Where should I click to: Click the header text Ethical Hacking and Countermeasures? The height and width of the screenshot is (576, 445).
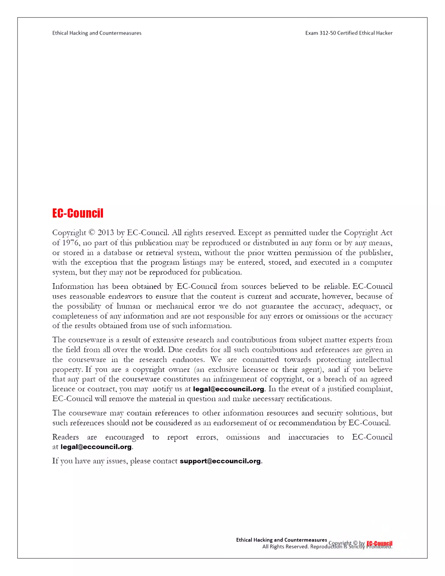97,33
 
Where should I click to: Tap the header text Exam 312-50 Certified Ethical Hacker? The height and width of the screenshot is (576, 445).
349,33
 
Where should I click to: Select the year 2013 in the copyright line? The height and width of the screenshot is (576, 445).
106,233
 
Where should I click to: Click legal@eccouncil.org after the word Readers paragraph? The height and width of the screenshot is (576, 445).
96,447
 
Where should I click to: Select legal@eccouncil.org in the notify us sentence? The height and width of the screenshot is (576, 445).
228,389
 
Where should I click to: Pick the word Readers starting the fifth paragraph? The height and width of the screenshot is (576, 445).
65,437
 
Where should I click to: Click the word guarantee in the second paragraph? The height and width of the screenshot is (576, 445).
277,306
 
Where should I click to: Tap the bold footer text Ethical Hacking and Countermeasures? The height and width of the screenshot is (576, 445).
281,540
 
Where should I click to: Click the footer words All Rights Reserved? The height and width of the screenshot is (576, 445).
285,547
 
